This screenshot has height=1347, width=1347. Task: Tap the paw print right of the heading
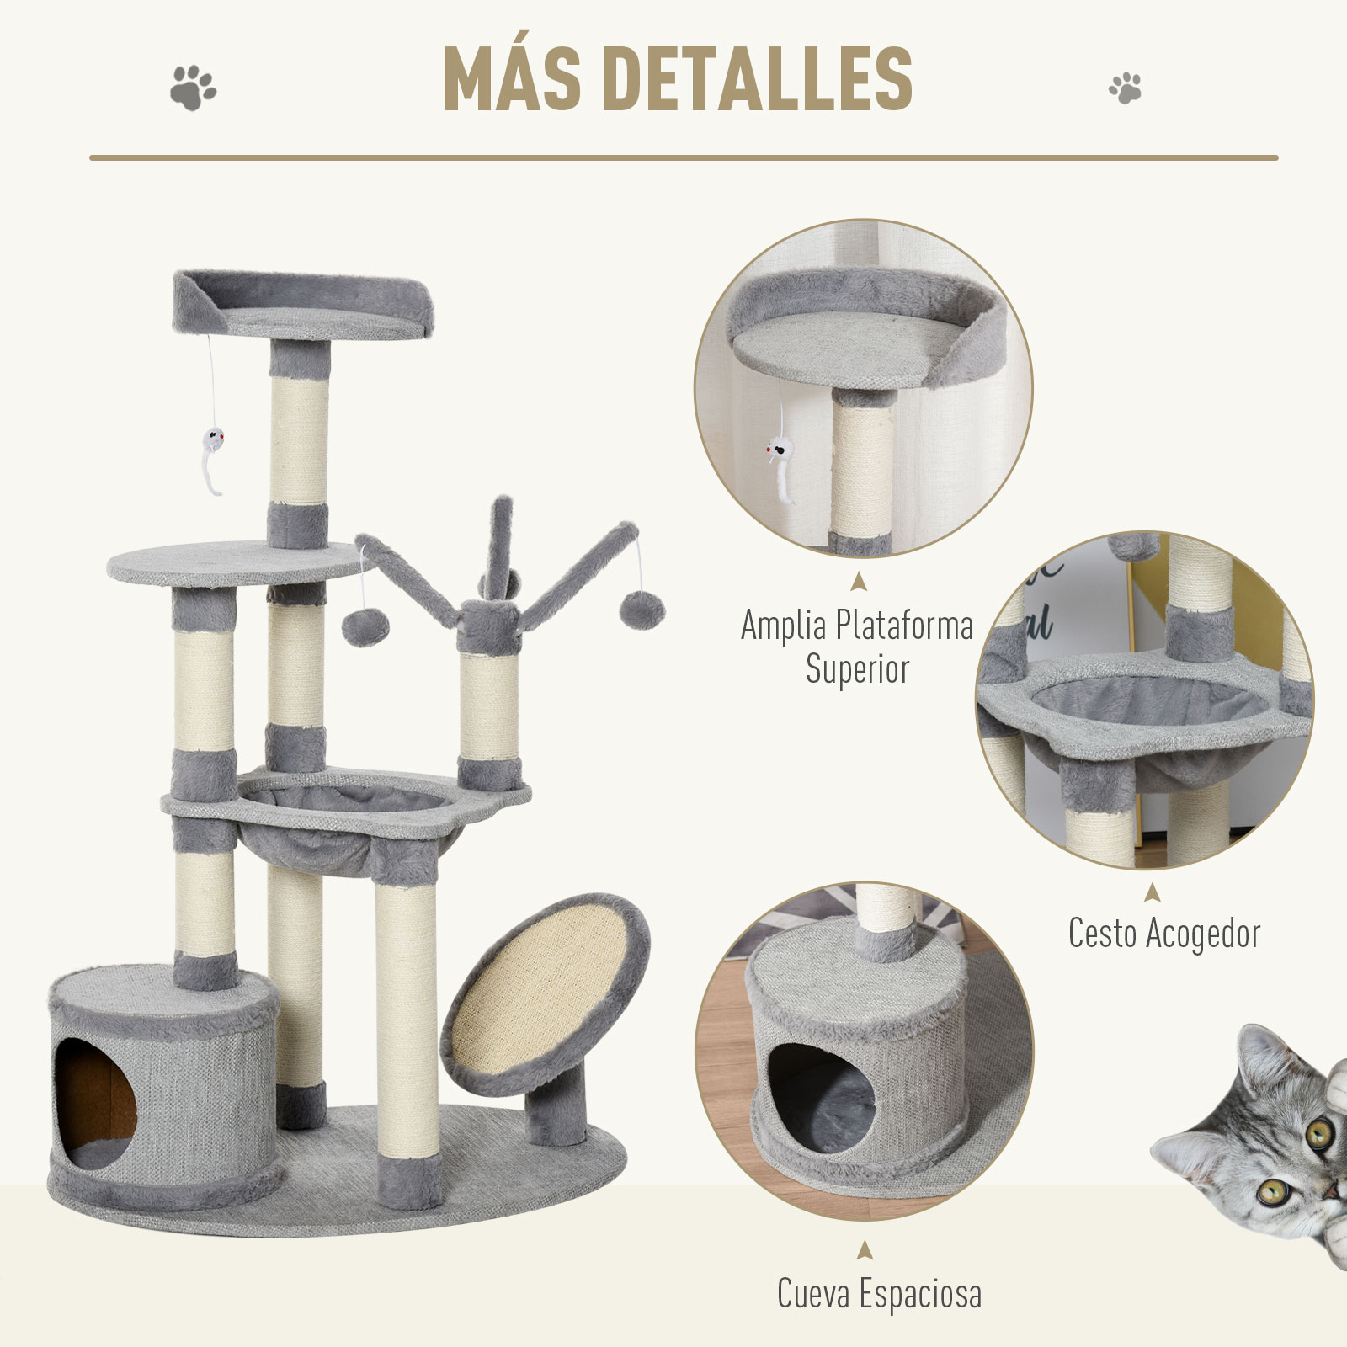click(1125, 88)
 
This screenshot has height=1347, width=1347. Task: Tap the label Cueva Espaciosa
click(879, 1293)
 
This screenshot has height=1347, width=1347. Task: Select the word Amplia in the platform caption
click(784, 626)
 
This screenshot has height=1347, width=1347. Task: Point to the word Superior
click(857, 669)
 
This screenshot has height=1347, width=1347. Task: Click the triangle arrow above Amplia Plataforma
click(857, 581)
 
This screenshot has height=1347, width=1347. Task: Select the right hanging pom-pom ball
click(638, 607)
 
